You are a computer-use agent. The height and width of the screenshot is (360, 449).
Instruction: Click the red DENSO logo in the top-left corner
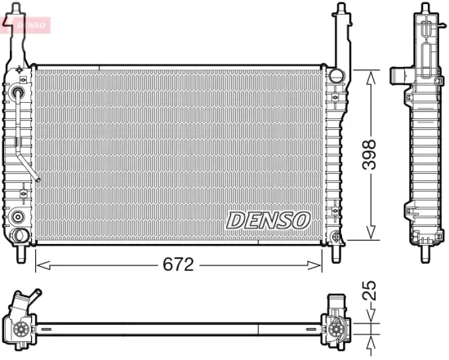click(26, 22)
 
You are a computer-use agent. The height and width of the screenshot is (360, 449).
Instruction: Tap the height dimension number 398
click(371, 153)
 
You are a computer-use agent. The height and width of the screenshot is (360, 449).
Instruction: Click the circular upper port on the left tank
click(18, 93)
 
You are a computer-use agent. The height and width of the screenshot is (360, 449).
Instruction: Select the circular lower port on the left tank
click(17, 217)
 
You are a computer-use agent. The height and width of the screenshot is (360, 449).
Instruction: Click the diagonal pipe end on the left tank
click(37, 177)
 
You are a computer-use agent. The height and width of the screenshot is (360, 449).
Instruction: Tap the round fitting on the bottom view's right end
click(336, 330)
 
